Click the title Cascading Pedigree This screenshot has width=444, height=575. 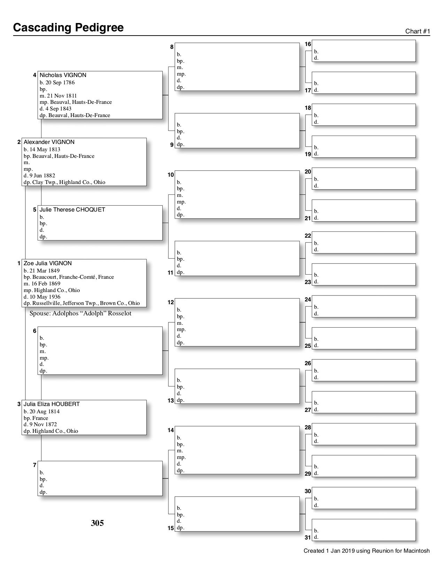tap(68, 28)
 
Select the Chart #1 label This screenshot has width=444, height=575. tap(418, 31)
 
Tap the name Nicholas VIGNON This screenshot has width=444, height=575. tap(63, 75)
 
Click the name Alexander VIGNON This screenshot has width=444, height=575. tap(49, 142)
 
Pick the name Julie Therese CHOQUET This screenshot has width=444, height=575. tap(72, 210)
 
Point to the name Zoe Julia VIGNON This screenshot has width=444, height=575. tap(48, 263)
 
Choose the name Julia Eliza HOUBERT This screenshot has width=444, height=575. tap(52, 404)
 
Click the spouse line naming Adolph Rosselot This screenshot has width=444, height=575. tap(80, 313)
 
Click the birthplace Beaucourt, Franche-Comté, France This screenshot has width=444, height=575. tap(73, 277)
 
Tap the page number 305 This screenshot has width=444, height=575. tap(97, 523)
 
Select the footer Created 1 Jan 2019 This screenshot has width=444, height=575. tap(366, 551)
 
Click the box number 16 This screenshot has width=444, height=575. tap(308, 44)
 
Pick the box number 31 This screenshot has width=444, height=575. tap(308, 538)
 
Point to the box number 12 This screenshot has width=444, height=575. tap(171, 302)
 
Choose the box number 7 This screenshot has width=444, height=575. tap(34, 465)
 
